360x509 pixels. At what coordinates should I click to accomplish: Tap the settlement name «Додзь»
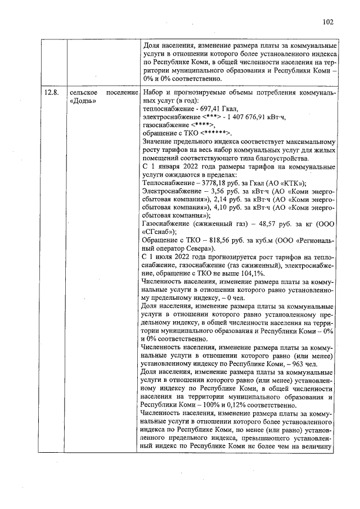pos(84,101)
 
